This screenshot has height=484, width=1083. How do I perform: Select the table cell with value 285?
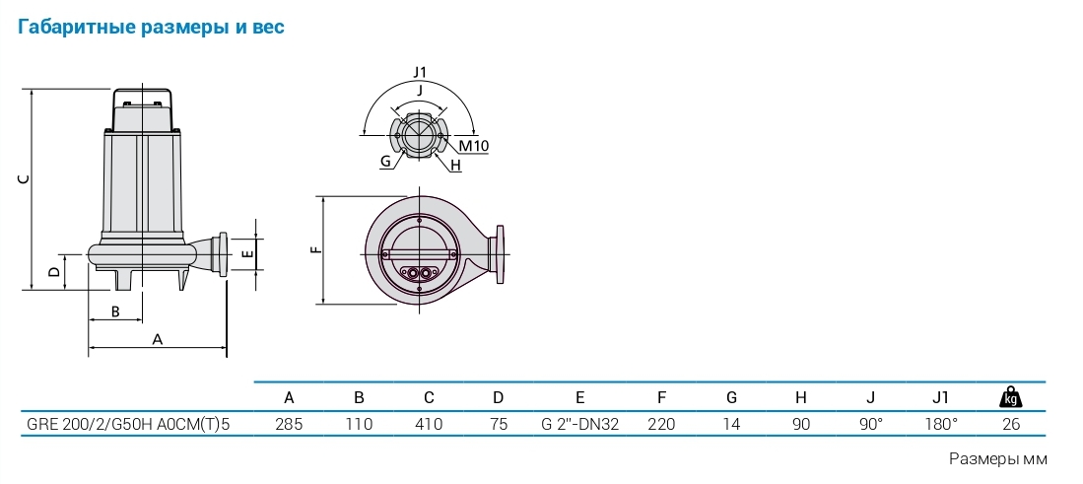[x=290, y=424]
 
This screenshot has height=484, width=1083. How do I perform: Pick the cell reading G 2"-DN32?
[x=580, y=424]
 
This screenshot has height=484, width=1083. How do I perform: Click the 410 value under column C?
[x=429, y=424]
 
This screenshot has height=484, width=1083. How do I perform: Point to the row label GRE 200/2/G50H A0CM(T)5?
[x=128, y=424]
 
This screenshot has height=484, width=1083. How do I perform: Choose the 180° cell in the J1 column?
[x=941, y=424]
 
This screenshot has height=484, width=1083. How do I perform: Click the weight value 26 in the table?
[x=1011, y=424]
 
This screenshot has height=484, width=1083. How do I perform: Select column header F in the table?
[x=661, y=397]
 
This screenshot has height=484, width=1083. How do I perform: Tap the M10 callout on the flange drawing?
[x=474, y=146]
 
